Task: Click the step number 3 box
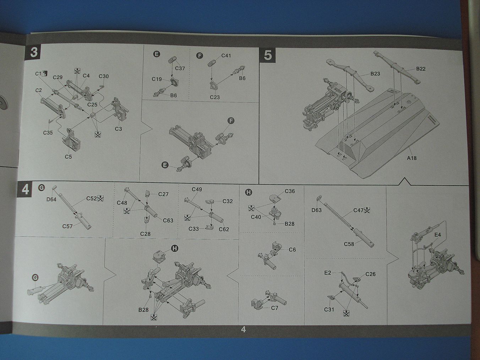click(x=33, y=53)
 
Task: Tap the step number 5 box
click(x=267, y=55)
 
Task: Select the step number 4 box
click(x=25, y=189)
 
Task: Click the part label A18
click(x=411, y=158)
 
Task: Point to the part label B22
click(x=420, y=69)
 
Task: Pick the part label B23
click(x=375, y=73)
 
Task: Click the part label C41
click(x=226, y=56)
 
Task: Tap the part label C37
click(x=180, y=69)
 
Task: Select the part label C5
click(x=68, y=157)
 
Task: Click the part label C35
click(x=48, y=133)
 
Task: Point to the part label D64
click(x=51, y=199)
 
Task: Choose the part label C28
click(x=145, y=234)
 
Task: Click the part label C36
click(x=290, y=191)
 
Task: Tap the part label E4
click(x=438, y=235)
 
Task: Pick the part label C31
click(x=329, y=309)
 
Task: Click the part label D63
click(x=316, y=210)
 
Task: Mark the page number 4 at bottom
click(x=244, y=329)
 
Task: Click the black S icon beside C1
click(x=45, y=73)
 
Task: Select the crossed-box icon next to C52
click(x=100, y=198)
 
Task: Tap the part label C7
click(x=274, y=308)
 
